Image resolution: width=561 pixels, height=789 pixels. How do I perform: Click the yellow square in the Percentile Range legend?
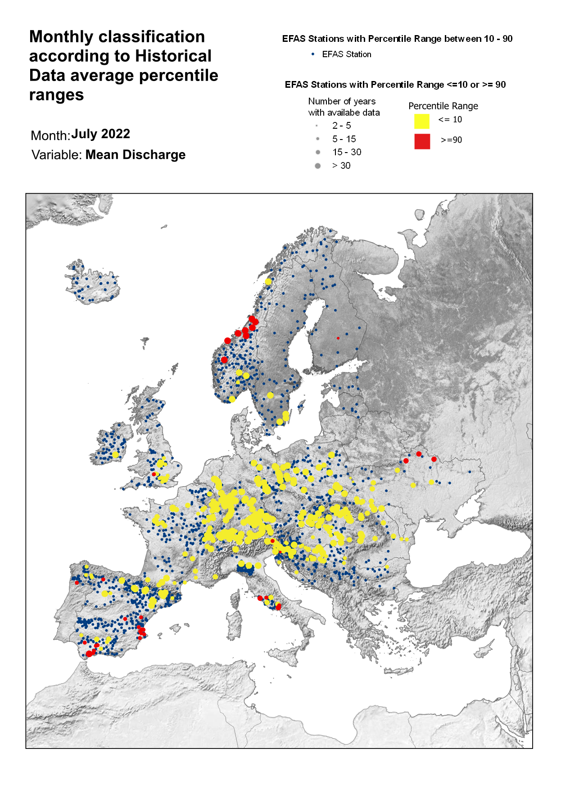[x=421, y=122]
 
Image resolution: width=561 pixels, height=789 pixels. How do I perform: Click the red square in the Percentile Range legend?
[x=422, y=141]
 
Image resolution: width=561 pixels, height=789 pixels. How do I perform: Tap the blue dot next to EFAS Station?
[x=313, y=54]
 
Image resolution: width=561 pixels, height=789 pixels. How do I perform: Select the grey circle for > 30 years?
[x=317, y=166]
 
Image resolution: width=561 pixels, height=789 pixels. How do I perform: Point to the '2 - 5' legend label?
[x=341, y=126]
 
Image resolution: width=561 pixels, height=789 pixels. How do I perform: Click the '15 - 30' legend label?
[x=347, y=152]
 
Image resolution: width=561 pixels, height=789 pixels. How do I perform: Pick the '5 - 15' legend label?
[x=344, y=139]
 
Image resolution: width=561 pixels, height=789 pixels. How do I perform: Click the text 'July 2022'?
[x=100, y=134]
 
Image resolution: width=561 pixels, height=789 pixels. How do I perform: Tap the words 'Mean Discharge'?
[x=135, y=155]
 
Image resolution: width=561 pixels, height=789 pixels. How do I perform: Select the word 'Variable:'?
[x=57, y=155]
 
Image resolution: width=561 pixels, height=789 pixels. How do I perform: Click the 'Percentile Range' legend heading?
[x=443, y=106]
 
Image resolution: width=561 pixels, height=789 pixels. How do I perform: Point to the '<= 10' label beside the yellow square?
[x=450, y=120]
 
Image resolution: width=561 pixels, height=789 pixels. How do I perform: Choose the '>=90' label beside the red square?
[x=451, y=140]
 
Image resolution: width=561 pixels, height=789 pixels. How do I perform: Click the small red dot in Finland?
[x=338, y=338]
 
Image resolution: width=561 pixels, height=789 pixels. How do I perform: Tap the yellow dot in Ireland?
[x=115, y=455]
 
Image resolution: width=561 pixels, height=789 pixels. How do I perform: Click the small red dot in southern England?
[x=154, y=474]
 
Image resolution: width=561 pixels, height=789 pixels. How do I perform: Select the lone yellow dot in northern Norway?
[x=268, y=282]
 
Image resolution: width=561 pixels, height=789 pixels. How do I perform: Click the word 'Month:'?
[x=50, y=136]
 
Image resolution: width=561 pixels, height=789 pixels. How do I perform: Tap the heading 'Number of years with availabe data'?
[x=344, y=107]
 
